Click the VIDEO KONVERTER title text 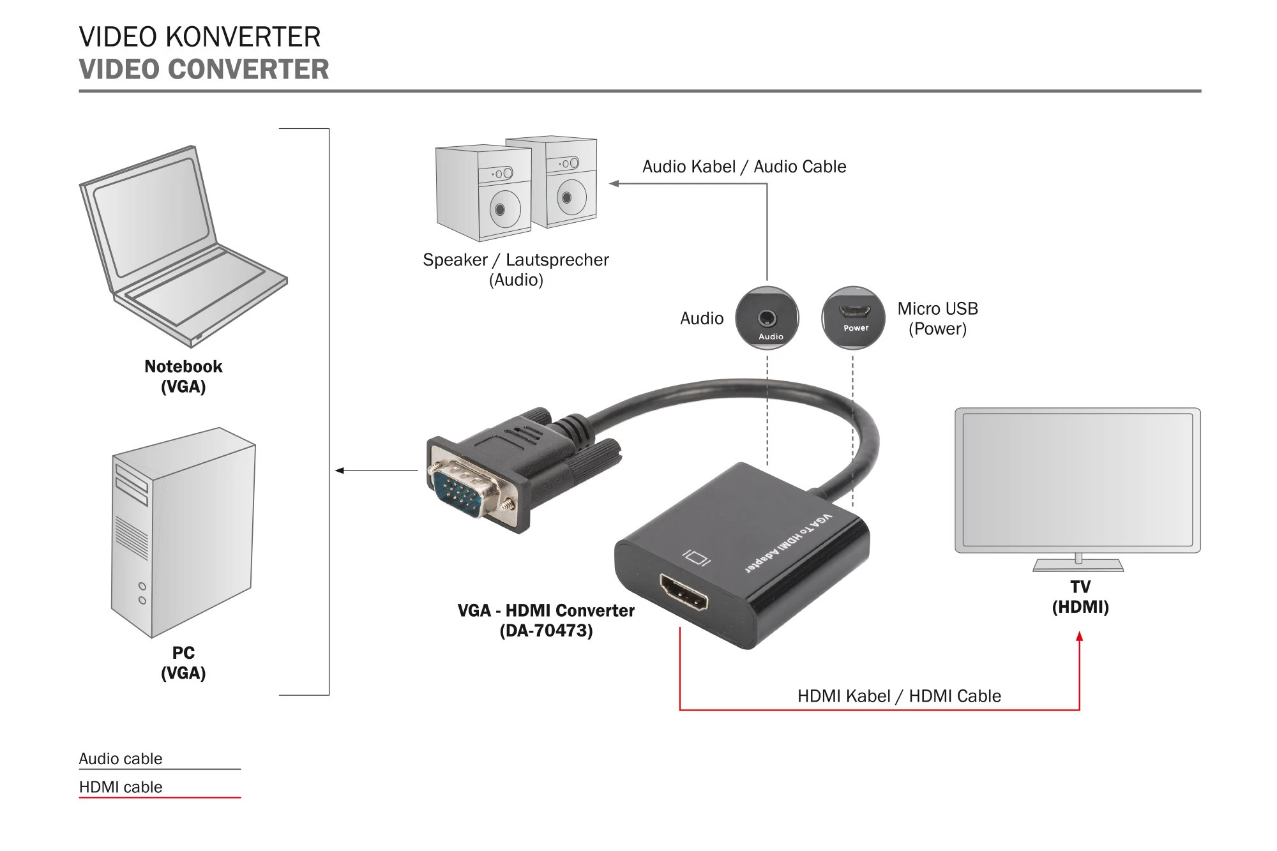[x=199, y=37]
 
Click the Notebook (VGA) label [x=183, y=376]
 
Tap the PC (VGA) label [x=183, y=663]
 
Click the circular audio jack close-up [x=767, y=318]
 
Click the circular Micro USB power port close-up [x=854, y=318]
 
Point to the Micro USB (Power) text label [x=937, y=319]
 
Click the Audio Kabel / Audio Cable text [x=744, y=167]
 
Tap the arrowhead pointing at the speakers [x=614, y=184]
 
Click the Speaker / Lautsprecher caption [x=515, y=260]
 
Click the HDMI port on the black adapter [x=684, y=592]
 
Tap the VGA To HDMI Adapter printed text [x=788, y=543]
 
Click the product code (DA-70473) [x=546, y=631]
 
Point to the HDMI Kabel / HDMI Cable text [x=898, y=696]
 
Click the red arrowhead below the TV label [x=1079, y=636]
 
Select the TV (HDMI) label [x=1080, y=596]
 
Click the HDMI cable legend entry [x=121, y=787]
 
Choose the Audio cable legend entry [x=121, y=758]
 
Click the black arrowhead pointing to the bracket [x=340, y=471]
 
